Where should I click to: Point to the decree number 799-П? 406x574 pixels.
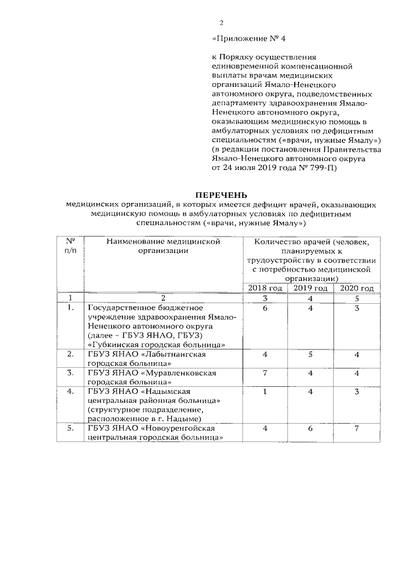coord(325,169)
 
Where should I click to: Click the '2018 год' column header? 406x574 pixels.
coord(265,288)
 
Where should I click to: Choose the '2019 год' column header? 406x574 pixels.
coord(311,288)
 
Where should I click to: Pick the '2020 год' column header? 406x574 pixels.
coord(357,288)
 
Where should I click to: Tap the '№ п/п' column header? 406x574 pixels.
coord(70,246)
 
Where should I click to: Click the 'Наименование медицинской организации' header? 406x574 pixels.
coord(163,246)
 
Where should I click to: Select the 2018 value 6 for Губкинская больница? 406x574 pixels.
coord(264,308)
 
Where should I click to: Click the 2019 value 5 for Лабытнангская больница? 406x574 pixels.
coord(311,355)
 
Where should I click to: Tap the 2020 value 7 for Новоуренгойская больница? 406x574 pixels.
coord(357,429)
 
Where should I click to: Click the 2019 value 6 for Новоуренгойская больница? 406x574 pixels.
coord(311,429)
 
